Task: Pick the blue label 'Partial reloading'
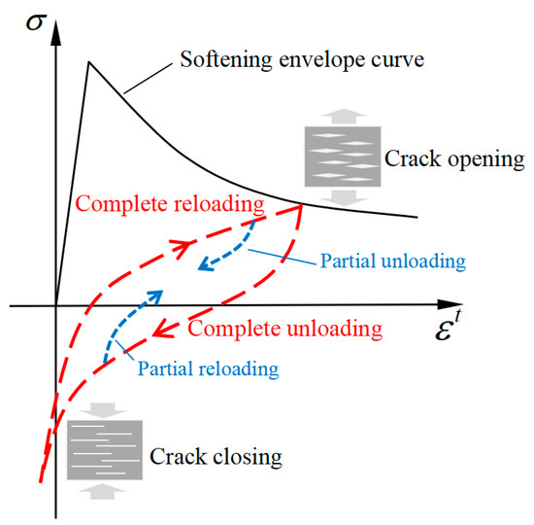(208, 368)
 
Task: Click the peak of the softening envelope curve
(89, 63)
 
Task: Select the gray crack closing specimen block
(105, 449)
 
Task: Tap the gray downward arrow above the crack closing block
(105, 409)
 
